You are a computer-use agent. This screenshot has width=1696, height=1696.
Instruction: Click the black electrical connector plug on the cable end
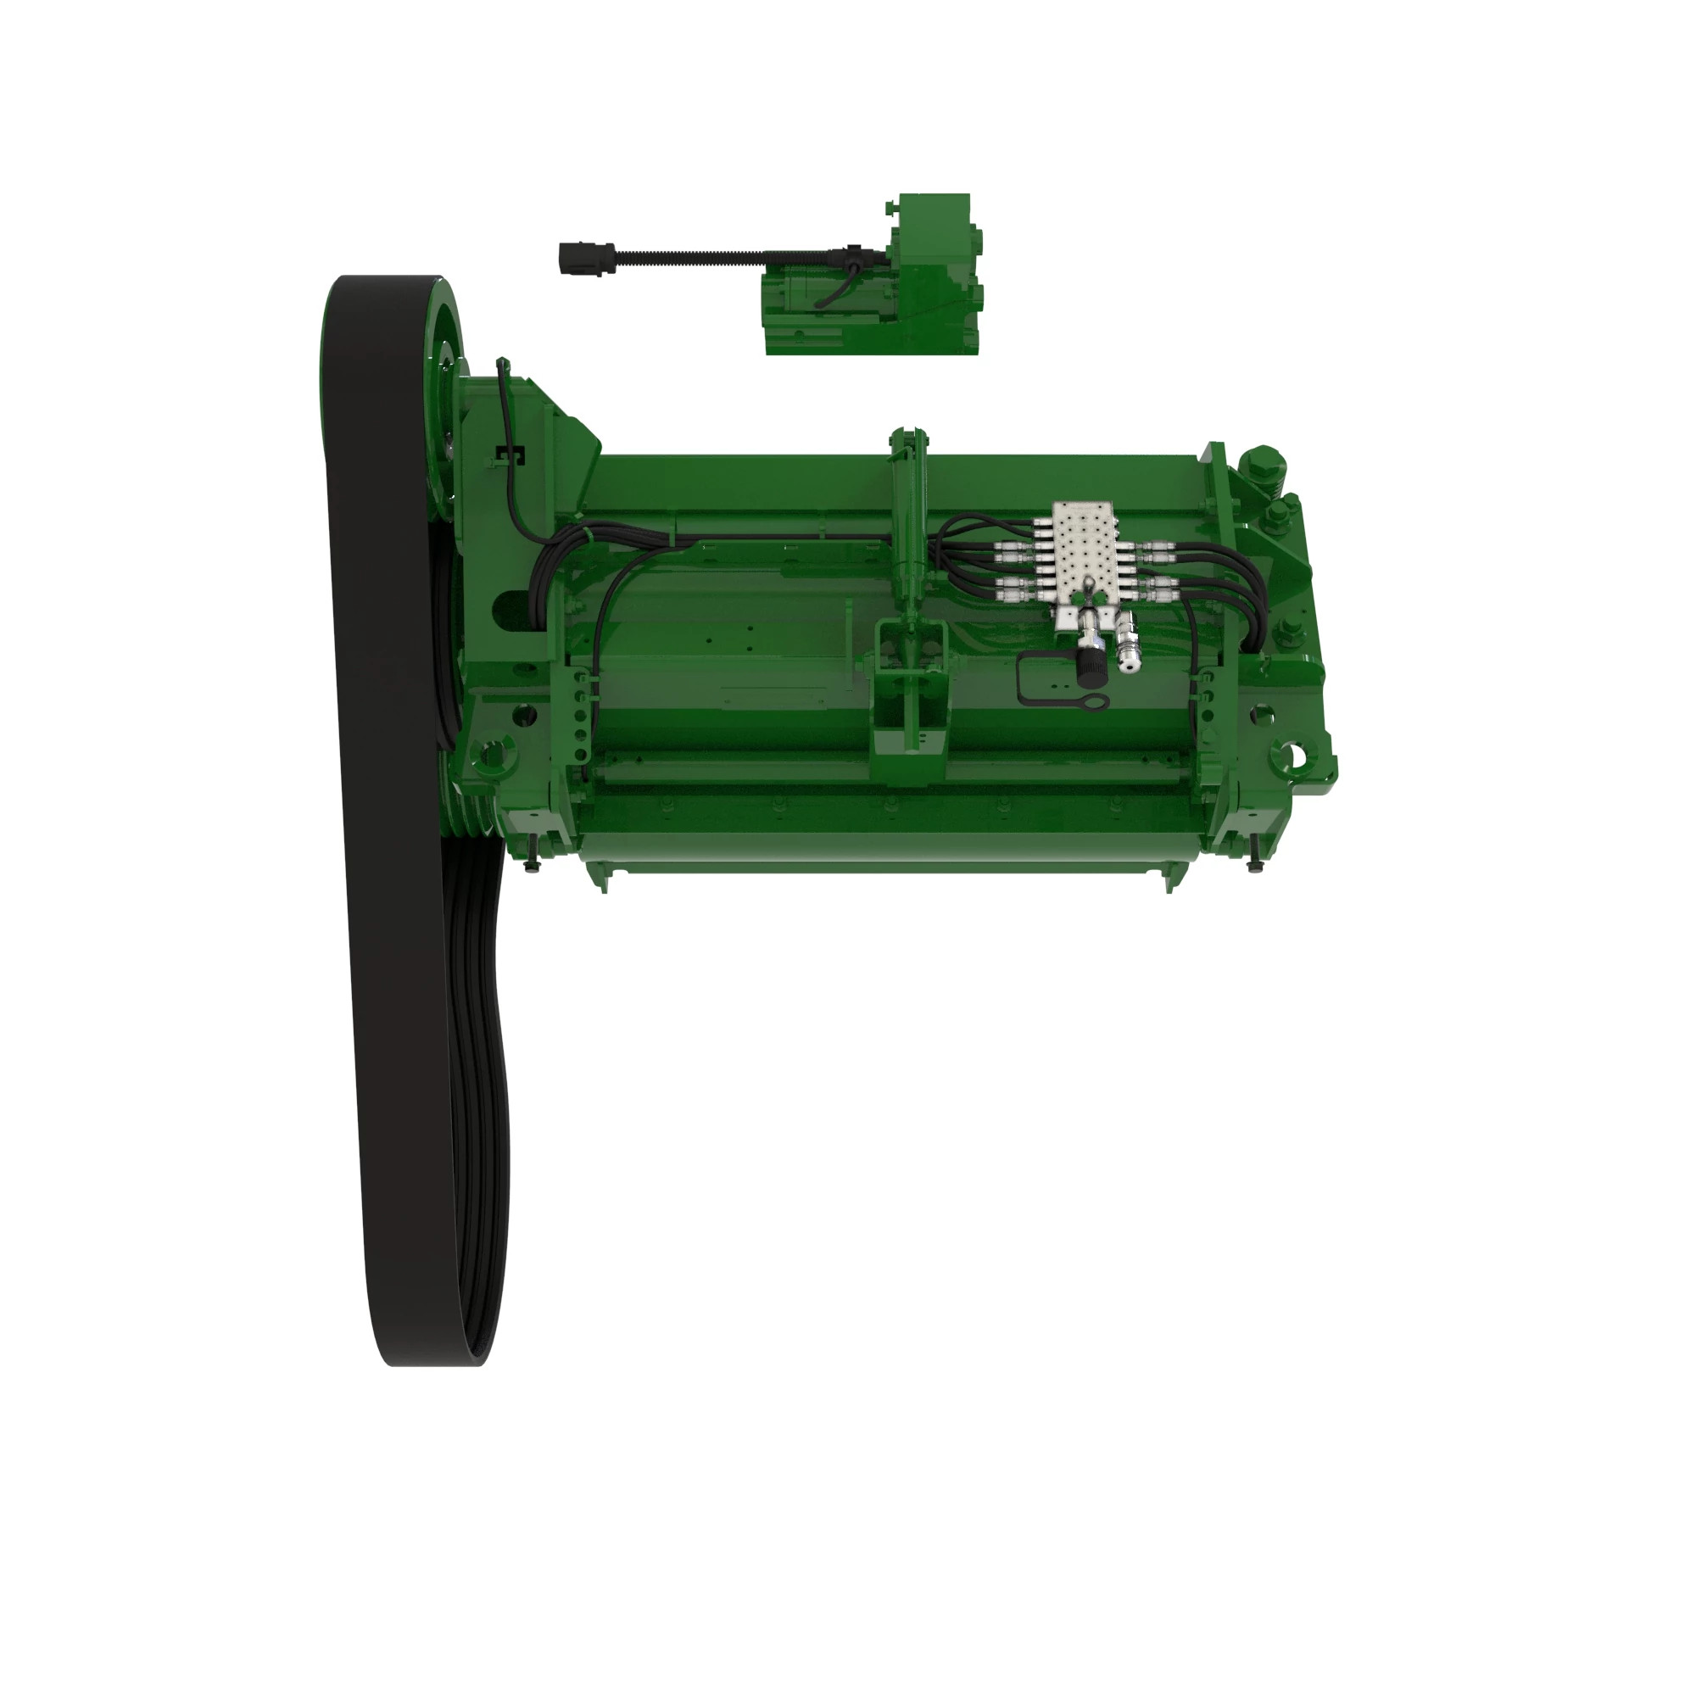tap(574, 259)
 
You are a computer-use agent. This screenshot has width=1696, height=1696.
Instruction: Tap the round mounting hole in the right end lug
tap(1293, 754)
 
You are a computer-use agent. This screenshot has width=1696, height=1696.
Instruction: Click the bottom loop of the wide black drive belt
tap(430, 1343)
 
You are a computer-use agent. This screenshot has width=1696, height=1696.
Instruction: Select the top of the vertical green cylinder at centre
tap(908, 436)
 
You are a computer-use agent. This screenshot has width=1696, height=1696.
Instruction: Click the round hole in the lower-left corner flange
tap(491, 753)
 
